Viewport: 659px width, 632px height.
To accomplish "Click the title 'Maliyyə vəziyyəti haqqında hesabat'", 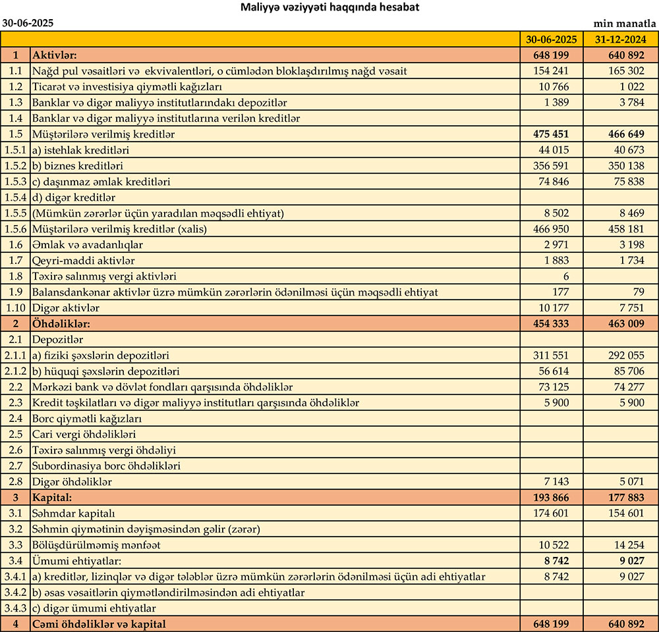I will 329,7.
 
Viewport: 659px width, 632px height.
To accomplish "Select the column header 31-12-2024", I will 619,39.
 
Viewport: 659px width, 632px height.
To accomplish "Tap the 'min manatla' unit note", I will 625,22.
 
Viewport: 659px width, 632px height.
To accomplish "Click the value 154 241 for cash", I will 551,70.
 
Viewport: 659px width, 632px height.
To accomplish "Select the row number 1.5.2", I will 15,165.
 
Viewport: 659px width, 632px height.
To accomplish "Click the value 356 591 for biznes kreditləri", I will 551,165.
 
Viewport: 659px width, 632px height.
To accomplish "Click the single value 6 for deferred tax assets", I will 566,276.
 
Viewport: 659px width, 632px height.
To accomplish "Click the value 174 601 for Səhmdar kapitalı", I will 551,513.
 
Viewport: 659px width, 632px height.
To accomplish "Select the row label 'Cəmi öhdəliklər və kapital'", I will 99,623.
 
